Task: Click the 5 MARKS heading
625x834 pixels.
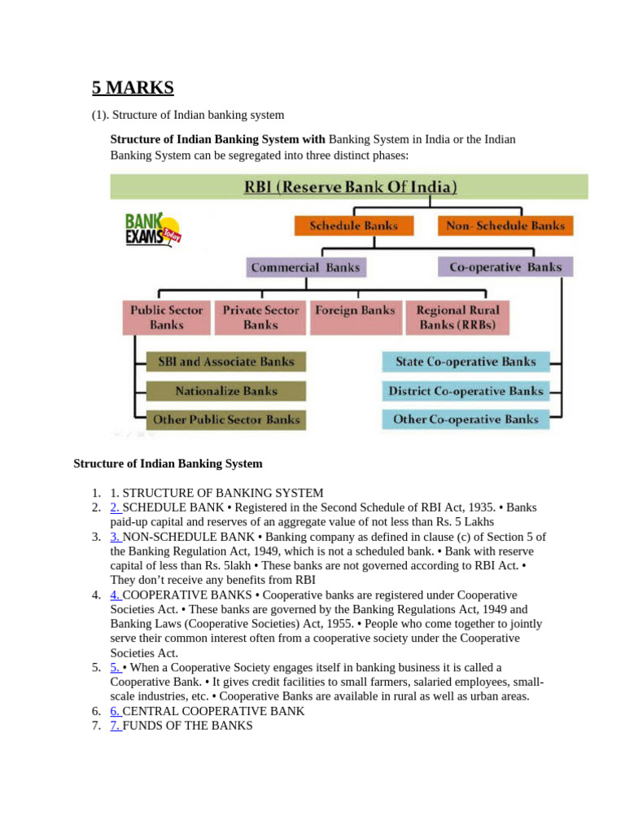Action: (133, 87)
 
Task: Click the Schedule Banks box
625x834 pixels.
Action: (353, 226)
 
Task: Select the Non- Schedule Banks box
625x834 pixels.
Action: (505, 226)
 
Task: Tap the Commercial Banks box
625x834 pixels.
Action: (305, 267)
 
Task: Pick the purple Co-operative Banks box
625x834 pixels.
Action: (505, 267)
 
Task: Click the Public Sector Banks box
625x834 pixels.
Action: (166, 317)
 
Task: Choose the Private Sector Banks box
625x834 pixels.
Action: (260, 317)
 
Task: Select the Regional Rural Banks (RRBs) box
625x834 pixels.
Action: (457, 317)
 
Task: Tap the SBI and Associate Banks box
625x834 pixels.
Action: (226, 362)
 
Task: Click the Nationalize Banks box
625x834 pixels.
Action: (226, 391)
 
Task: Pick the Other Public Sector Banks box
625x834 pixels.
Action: (226, 420)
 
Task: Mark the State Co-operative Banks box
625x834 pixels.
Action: (465, 362)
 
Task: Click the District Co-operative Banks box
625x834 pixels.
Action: (465, 391)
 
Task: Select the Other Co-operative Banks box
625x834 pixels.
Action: (465, 420)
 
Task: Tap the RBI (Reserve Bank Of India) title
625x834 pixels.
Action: (351, 187)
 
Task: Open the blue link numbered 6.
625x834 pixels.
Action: (116, 711)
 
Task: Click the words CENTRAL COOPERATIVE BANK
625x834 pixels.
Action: (213, 711)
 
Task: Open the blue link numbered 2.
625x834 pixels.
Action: (116, 507)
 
